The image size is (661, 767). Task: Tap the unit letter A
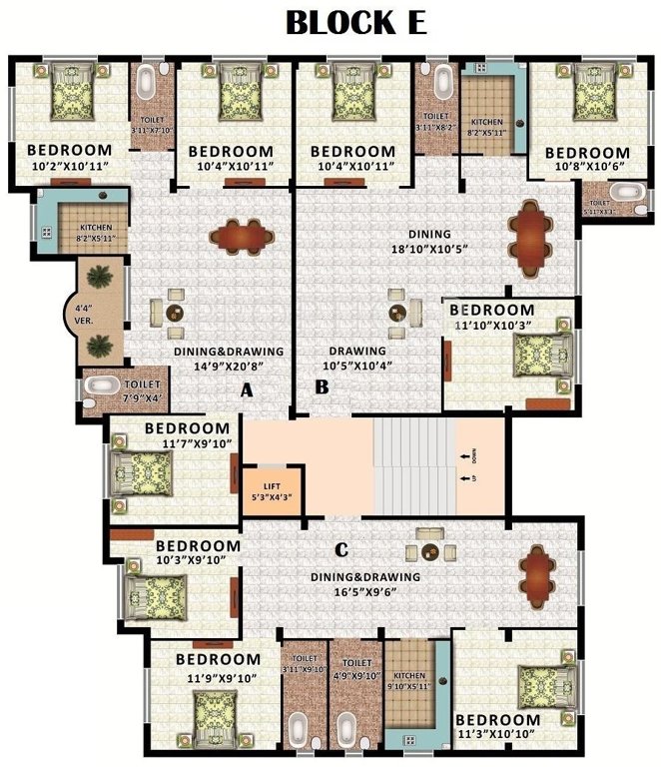(x=247, y=392)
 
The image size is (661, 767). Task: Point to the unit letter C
(x=340, y=548)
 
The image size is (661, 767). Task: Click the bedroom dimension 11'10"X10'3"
(x=506, y=325)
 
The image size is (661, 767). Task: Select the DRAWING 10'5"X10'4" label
(x=357, y=359)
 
